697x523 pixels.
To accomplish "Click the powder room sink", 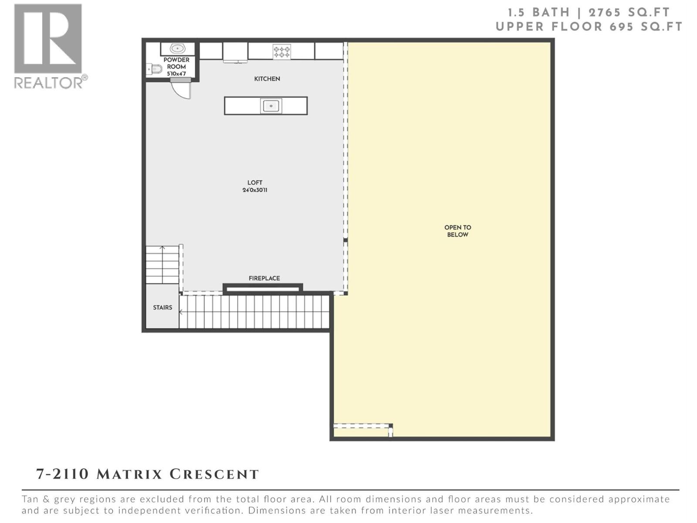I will (x=177, y=48).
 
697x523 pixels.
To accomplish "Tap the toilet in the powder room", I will (x=154, y=69).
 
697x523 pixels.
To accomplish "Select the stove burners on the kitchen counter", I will (x=281, y=52).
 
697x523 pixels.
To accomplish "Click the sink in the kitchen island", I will (x=271, y=106).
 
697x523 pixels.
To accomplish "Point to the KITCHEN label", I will (x=267, y=79).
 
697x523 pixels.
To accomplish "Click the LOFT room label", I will (x=255, y=183).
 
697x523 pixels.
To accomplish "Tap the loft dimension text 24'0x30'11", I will (x=255, y=190).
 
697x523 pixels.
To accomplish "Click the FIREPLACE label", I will (x=264, y=278).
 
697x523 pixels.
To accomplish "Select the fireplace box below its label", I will (x=263, y=288).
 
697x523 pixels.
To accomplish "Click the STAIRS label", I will (x=162, y=308).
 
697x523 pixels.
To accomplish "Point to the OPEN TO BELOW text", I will (x=457, y=231).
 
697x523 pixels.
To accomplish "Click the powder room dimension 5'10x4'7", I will (x=176, y=74).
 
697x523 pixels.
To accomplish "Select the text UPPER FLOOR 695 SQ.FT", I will (x=589, y=27).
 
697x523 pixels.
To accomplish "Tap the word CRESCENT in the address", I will (x=214, y=474).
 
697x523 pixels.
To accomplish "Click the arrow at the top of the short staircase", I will (x=162, y=248).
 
